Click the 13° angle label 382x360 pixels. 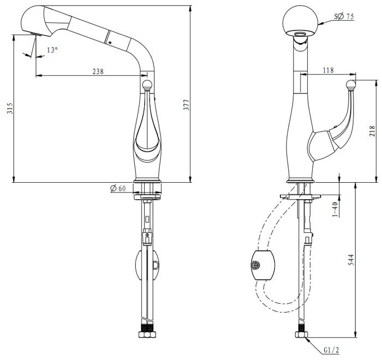52,50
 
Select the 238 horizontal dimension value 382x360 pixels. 98,71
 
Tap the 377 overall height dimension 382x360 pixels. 186,105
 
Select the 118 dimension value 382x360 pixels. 329,70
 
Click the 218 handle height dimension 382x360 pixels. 372,131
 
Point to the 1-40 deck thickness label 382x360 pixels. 335,208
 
